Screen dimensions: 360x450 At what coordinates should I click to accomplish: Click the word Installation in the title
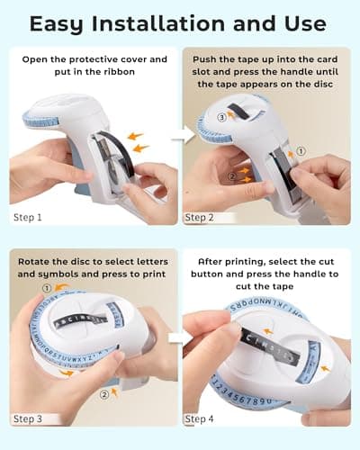pyautogui.click(x=158, y=23)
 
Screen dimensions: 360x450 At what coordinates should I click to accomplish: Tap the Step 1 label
pyautogui.click(x=28, y=218)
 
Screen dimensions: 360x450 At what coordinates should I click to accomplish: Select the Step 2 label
pyautogui.click(x=199, y=218)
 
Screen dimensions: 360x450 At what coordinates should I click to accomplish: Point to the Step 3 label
pyautogui.click(x=28, y=418)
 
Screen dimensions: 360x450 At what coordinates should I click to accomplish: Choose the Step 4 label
pyautogui.click(x=199, y=418)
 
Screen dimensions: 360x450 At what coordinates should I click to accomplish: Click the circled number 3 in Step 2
pyautogui.click(x=221, y=117)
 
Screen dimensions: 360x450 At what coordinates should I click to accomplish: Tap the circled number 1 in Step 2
pyautogui.click(x=301, y=151)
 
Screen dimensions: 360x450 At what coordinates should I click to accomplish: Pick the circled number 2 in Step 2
pyautogui.click(x=232, y=176)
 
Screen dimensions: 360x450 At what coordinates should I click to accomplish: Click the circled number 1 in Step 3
pyautogui.click(x=47, y=289)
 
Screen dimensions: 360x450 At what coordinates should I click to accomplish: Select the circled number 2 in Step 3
pyautogui.click(x=104, y=395)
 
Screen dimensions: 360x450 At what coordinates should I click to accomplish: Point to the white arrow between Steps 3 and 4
pyautogui.click(x=181, y=338)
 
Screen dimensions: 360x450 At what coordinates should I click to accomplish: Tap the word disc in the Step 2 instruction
pyautogui.click(x=323, y=85)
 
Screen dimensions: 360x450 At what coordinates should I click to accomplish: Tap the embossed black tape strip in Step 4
pyautogui.click(x=270, y=346)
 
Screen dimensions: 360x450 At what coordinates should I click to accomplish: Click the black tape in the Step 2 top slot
pyautogui.click(x=239, y=112)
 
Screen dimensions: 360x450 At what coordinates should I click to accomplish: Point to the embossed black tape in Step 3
pyautogui.click(x=80, y=320)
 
